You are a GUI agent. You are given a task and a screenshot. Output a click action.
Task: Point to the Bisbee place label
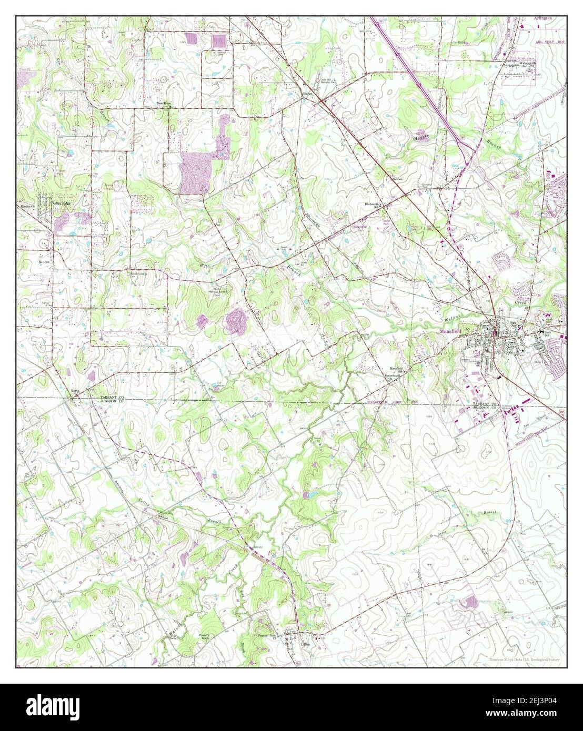(308, 95)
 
